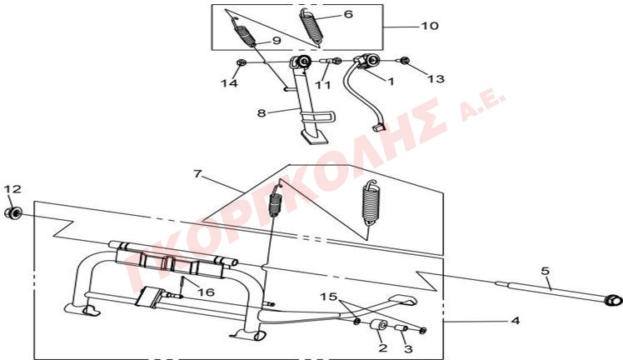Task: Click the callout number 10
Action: [430, 26]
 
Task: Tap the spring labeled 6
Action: [311, 25]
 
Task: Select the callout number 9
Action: [277, 41]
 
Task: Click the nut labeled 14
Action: [240, 62]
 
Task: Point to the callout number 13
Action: [436, 78]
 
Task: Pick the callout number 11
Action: [322, 85]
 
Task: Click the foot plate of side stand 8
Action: [314, 138]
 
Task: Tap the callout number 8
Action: [262, 113]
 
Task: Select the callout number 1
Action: [391, 82]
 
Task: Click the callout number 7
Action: [198, 174]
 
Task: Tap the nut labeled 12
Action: [12, 213]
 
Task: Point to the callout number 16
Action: [207, 292]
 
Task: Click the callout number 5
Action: [545, 272]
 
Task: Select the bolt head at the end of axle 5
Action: [612, 300]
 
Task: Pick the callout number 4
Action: [515, 320]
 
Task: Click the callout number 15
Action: [329, 297]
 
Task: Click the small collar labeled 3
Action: [401, 328]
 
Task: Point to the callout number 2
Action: [382, 348]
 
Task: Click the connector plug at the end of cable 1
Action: [379, 127]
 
